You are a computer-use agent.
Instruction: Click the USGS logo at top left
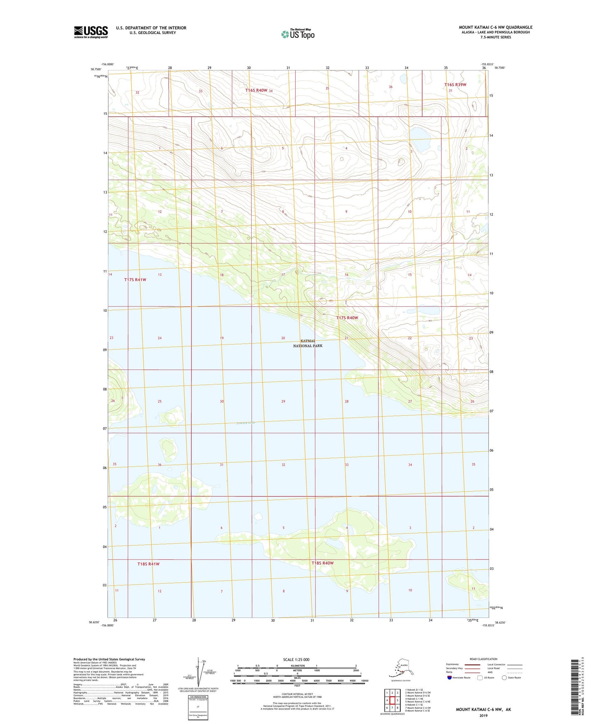coord(91,32)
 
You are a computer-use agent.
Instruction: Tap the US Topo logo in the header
coord(298,34)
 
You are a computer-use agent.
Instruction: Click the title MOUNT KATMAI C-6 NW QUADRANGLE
coord(495,27)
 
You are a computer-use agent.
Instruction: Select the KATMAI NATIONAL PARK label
coord(308,343)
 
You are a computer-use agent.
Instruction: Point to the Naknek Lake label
coord(244,423)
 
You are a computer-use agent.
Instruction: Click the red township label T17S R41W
coord(135,280)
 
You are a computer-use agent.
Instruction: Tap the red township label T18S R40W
coord(323,563)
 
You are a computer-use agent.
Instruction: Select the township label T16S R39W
coord(455,85)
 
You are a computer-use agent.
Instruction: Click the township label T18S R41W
coord(148,564)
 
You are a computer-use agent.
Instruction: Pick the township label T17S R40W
coord(347,318)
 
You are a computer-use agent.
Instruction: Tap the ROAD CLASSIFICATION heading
coord(483,659)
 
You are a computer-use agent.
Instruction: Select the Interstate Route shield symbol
coord(450,678)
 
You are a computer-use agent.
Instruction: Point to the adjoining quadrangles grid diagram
coord(392,701)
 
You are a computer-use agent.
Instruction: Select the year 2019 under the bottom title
coord(483,716)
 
